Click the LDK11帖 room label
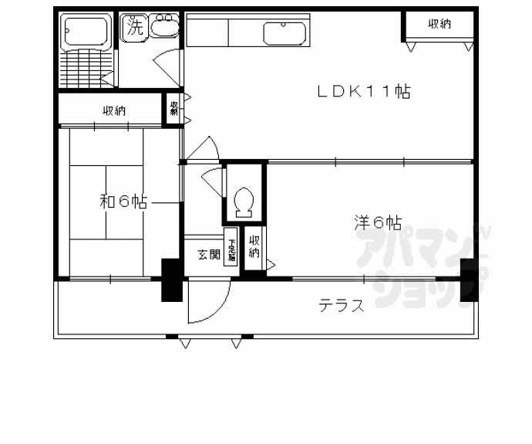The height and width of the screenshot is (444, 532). click(364, 92)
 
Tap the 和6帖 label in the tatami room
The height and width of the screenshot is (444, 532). click(123, 203)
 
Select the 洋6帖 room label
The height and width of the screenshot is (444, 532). click(378, 223)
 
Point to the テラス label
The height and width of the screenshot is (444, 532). click(342, 306)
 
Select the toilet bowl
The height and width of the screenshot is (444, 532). click(244, 202)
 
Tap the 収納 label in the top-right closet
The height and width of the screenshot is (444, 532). click(439, 25)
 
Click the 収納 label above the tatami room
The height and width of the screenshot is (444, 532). click(113, 110)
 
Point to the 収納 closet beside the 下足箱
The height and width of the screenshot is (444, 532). click(254, 248)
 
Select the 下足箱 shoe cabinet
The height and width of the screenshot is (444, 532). click(230, 247)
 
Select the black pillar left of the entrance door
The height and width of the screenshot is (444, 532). click(169, 281)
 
